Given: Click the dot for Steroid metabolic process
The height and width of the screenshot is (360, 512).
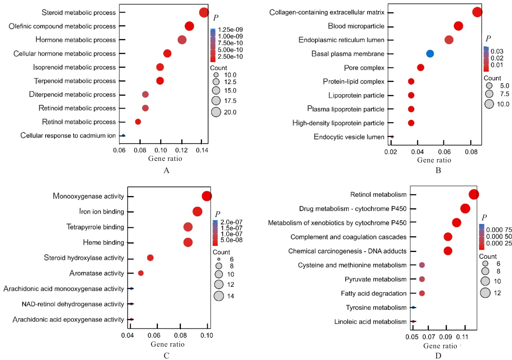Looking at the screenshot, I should click(x=204, y=12).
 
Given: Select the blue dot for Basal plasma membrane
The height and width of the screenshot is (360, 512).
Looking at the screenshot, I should click(x=430, y=53).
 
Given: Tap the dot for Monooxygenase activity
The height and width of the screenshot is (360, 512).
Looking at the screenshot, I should click(x=207, y=196).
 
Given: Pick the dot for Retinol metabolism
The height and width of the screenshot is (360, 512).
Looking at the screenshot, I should click(x=473, y=194).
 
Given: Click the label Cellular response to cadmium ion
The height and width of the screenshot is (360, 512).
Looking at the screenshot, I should click(x=68, y=135).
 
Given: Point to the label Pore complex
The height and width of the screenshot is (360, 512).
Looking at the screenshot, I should click(x=364, y=68).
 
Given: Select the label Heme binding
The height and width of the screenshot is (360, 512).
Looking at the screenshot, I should click(x=103, y=242).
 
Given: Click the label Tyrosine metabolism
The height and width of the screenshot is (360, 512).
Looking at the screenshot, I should click(x=376, y=307).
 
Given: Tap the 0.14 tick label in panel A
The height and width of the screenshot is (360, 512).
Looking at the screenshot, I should click(x=202, y=150).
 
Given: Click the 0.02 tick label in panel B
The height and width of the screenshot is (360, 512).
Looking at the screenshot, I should click(x=390, y=152).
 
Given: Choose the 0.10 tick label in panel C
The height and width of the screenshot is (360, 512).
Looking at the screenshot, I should click(x=207, y=335).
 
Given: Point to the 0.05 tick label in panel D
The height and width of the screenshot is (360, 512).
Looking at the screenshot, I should click(x=412, y=337).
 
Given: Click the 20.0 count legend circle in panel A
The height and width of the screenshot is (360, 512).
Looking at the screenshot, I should click(x=216, y=112).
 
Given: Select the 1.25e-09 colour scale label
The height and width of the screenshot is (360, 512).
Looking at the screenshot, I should click(x=230, y=30).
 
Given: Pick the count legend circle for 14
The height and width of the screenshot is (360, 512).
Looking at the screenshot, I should click(x=219, y=296).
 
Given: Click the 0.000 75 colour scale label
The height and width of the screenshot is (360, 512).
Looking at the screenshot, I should click(x=499, y=230).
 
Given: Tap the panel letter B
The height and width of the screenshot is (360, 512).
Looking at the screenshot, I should click(x=438, y=170).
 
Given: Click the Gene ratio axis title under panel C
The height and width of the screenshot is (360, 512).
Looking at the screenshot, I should click(x=167, y=344).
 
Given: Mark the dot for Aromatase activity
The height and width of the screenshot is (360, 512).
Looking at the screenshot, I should click(x=141, y=273).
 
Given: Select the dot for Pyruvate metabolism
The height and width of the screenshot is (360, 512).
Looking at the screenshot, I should click(x=422, y=279).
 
